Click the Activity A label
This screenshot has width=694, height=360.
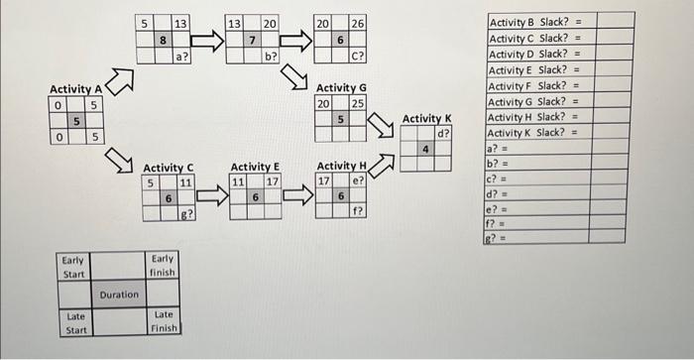(75, 90)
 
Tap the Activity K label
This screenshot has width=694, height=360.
(427, 119)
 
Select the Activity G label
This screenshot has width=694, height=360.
(341, 87)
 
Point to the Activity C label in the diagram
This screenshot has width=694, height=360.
(169, 167)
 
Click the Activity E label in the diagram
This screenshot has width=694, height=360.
(255, 167)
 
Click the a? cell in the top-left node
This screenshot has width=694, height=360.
(181, 57)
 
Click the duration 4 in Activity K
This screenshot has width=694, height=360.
(426, 150)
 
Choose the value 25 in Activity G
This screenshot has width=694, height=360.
(359, 103)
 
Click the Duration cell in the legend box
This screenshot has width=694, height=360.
(119, 295)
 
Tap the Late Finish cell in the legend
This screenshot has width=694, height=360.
(163, 321)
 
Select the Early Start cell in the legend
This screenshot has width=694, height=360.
(75, 267)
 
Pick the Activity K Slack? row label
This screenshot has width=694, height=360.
(535, 131)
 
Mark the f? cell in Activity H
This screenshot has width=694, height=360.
(359, 211)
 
